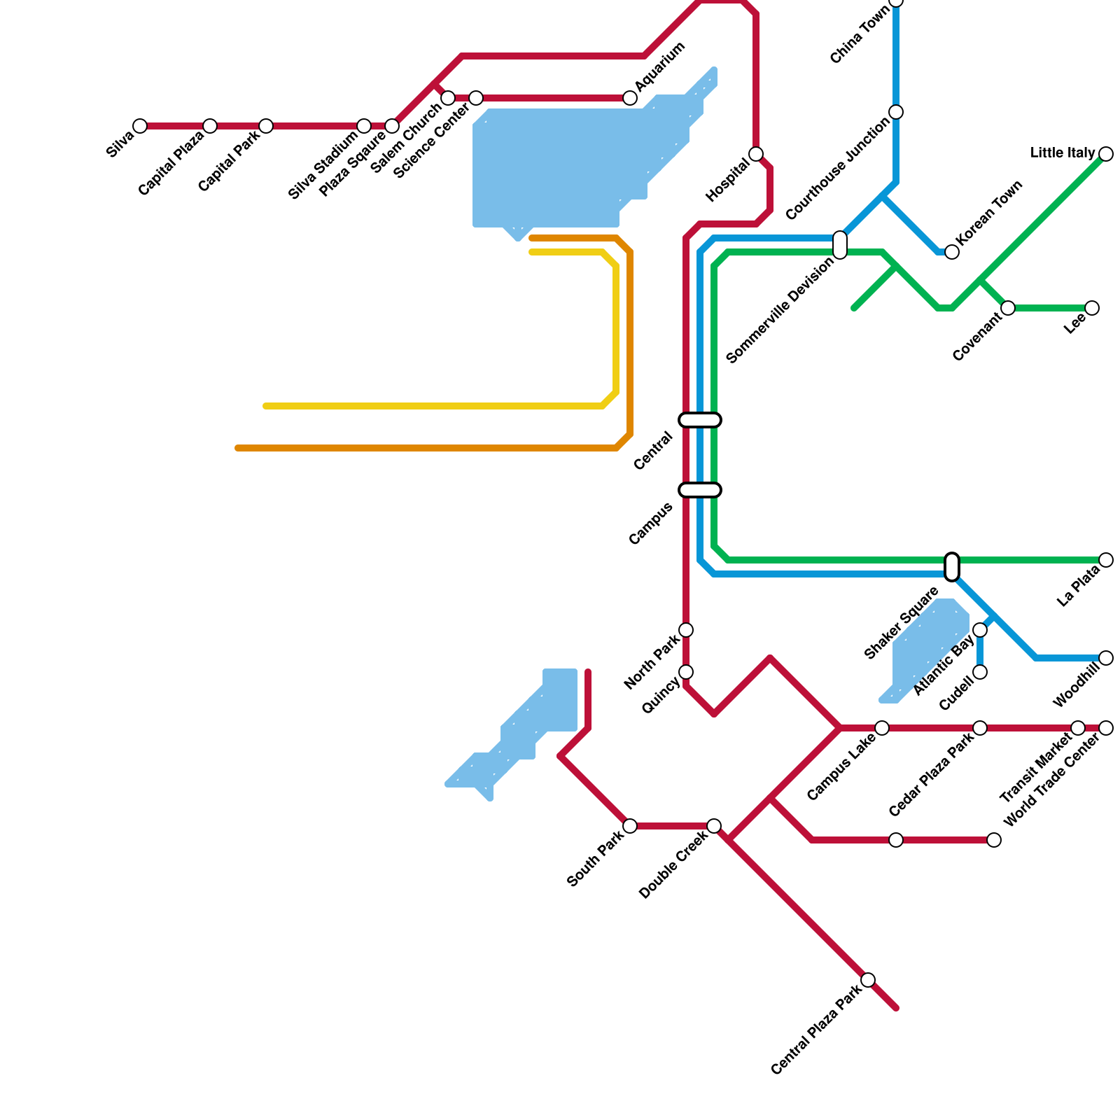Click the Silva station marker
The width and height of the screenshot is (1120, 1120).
pos(140,126)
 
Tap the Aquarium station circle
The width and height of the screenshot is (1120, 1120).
pos(630,98)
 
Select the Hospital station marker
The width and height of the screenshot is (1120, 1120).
pos(756,154)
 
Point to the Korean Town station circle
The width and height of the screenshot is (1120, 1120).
pos(952,252)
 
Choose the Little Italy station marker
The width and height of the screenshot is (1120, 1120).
pos(1106,154)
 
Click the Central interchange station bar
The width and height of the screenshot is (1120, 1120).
pos(700,420)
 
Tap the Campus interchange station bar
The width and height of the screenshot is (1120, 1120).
pos(700,490)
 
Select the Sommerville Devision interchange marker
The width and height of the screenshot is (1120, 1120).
pos(840,244)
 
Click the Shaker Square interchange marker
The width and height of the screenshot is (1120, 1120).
pos(952,567)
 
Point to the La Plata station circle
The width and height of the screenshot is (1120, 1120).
pos(1106,560)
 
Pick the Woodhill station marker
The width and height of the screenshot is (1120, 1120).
pos(1106,658)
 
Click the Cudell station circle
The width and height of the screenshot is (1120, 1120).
pos(980,672)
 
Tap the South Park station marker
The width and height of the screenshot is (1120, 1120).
pos(630,826)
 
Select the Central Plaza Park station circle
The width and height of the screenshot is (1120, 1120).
pos(868,980)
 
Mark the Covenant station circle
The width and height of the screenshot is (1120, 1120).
pos(1008,308)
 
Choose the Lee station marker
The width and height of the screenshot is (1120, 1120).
pos(1092,308)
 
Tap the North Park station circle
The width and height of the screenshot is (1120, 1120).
pos(686,630)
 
